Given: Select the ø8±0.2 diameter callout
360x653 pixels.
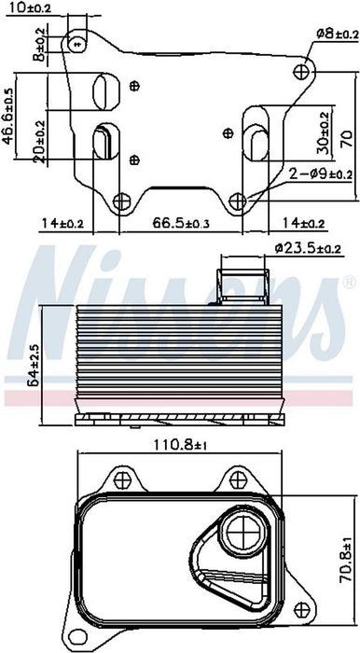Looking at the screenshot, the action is [x=337, y=35].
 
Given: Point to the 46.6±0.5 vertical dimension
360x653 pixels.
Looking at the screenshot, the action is [x=7, y=117].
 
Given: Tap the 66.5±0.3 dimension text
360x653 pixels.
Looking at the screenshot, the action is [x=181, y=223].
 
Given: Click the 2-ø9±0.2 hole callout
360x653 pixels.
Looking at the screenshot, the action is [x=320, y=174].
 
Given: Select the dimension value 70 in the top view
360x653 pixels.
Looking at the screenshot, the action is [x=347, y=139].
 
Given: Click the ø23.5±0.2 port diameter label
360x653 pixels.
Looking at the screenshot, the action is [x=308, y=249].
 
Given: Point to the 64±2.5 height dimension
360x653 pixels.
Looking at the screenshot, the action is [x=35, y=364].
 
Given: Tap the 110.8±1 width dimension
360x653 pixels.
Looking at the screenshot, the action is [x=180, y=445].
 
